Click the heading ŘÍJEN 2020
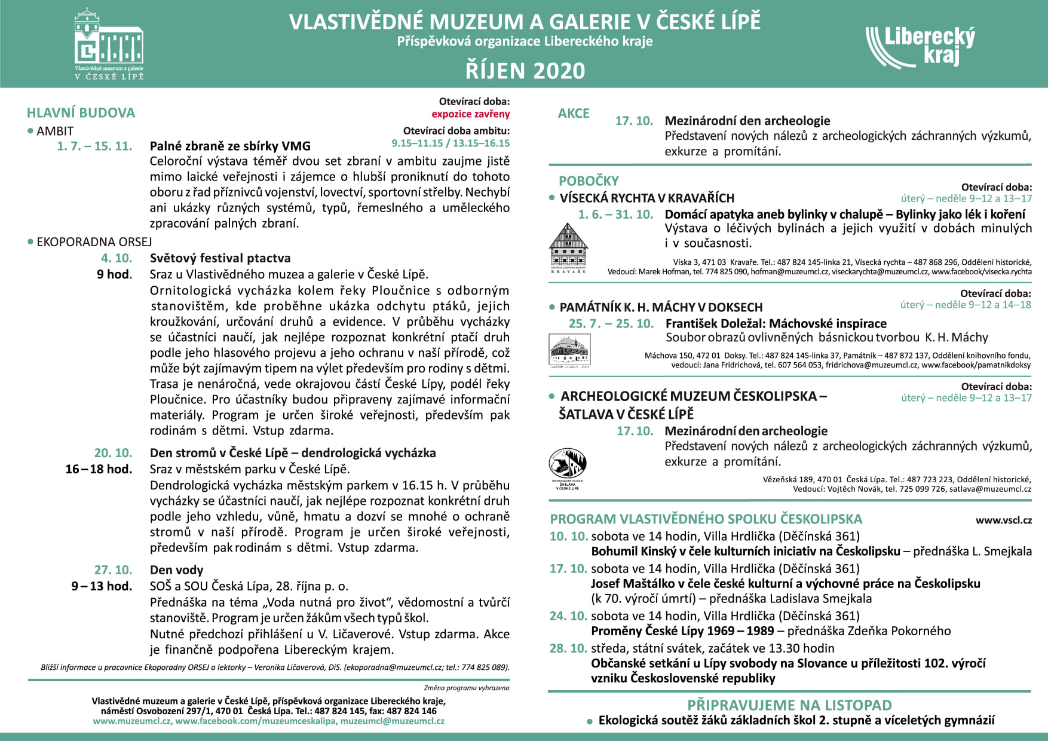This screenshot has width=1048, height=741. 525,71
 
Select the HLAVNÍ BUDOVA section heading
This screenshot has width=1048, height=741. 81,113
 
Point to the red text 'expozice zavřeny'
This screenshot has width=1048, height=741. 470,114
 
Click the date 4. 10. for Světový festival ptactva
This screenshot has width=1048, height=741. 117,258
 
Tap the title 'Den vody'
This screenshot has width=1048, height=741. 176,570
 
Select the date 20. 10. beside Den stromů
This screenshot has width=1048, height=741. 113,453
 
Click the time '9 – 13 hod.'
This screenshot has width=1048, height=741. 102,586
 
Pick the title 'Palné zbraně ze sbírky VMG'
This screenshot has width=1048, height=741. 230,146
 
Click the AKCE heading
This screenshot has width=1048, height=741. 574,114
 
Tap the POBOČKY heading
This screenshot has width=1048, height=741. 589,181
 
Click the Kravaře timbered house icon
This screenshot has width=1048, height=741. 568,247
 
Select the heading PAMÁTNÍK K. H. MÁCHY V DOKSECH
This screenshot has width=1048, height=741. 661,308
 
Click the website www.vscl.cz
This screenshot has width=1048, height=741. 1004,520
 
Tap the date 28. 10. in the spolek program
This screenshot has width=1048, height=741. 568,648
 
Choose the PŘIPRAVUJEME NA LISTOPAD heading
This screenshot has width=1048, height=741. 789,705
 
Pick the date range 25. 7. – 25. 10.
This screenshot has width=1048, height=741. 611,324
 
